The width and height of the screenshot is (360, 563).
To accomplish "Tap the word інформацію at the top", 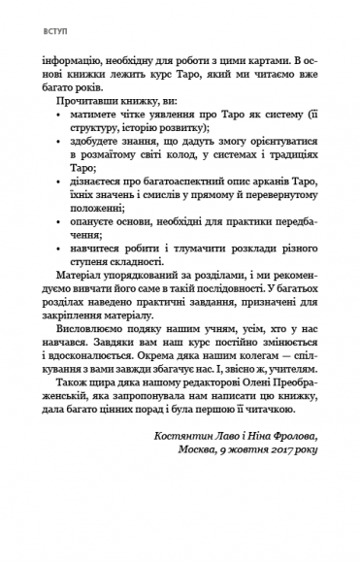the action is click(x=85, y=74).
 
